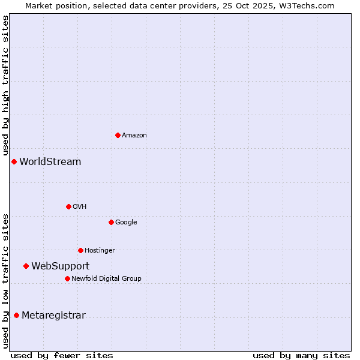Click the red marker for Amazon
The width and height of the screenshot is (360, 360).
tap(118, 135)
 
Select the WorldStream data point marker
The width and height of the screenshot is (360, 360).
tap(14, 161)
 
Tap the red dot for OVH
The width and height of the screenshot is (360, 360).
tap(68, 206)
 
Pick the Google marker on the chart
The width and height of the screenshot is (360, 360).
tap(111, 222)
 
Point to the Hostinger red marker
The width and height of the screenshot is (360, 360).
tap(80, 250)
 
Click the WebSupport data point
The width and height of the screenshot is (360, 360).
tap(26, 266)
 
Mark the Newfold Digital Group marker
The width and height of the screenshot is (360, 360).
tap(67, 278)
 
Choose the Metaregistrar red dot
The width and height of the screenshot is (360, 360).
tap(16, 315)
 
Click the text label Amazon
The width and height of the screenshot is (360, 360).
tap(134, 136)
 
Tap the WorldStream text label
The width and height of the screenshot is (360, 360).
tap(50, 162)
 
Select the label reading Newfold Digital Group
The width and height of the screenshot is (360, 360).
tap(106, 278)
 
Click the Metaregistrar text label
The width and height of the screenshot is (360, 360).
tap(53, 316)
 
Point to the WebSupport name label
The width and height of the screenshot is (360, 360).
tap(60, 266)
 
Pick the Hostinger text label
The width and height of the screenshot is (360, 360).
tap(100, 251)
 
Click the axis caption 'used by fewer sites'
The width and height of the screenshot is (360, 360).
tap(62, 355)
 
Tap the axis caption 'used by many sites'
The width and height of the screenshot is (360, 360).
tap(301, 355)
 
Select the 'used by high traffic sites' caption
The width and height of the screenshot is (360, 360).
tap(5, 86)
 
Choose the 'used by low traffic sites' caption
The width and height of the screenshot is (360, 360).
tap(5, 281)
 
